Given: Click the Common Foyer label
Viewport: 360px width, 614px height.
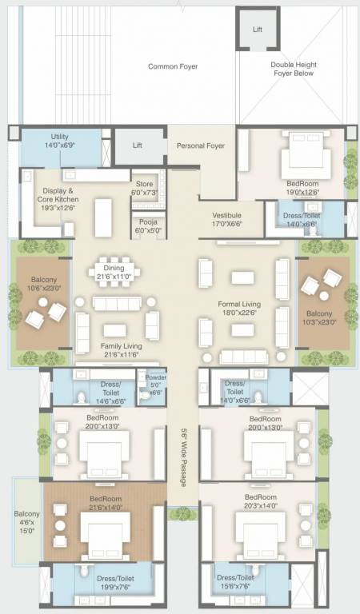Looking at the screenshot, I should pyautogui.click(x=173, y=66).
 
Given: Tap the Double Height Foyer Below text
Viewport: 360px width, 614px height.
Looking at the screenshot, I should pyautogui.click(x=292, y=69).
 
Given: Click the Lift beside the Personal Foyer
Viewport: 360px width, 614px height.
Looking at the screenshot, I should pyautogui.click(x=138, y=146).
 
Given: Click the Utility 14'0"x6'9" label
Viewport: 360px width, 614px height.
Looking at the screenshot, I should pyautogui.click(x=63, y=142).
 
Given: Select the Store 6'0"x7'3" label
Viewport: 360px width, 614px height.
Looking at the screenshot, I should pyautogui.click(x=144, y=188).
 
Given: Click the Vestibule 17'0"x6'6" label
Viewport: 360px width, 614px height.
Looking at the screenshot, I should pyautogui.click(x=227, y=220).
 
